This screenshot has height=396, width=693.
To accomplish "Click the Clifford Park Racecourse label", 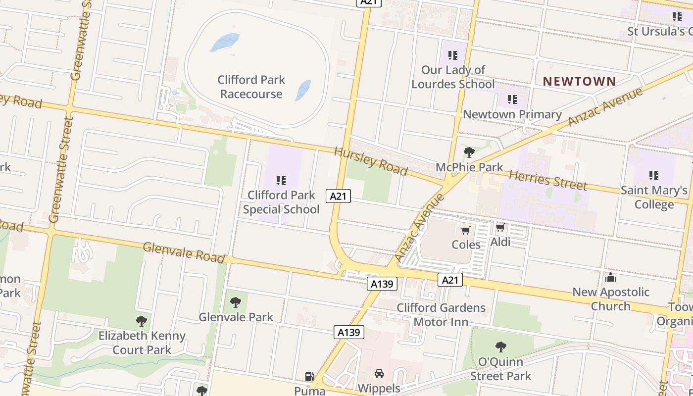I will point(251,87).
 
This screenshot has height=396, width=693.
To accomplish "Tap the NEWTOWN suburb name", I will point(579,81).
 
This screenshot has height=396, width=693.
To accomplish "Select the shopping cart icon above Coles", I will point(465,230).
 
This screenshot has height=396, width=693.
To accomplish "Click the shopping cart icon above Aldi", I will point(500,228).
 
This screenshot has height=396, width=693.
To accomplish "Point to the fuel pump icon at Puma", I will point(309,377).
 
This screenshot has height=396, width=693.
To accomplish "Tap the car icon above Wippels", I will point(379,374).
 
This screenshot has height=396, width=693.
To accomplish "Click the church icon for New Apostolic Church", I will point(611,277).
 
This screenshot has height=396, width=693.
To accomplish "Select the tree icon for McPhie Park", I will point(469,152).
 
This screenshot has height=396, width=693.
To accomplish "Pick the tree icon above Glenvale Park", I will point(236,302).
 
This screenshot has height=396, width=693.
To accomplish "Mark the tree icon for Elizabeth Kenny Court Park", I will point(142,321).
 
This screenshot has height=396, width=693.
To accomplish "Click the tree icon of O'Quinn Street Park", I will point(500,346).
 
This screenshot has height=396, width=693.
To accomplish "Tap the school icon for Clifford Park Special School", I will point(281,181).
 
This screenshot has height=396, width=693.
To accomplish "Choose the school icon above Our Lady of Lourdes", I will point(452,55).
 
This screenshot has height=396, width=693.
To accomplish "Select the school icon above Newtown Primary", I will point(512,100).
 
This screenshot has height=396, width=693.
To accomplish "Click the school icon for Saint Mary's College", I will point(654,176).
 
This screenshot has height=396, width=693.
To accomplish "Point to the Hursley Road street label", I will point(371,161).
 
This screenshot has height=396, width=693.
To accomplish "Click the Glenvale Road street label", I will point(184,252).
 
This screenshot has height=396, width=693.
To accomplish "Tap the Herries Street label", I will point(548,180).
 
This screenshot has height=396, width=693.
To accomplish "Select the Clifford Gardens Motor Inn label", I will point(441,315).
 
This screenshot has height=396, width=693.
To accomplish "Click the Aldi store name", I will point(500,242).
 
